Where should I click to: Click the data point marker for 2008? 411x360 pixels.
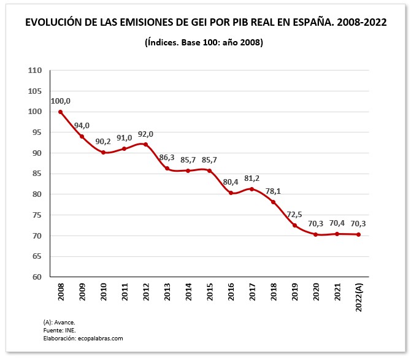[60, 112]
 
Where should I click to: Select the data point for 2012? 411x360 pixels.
[145, 145]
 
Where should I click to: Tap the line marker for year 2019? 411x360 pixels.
[294, 225]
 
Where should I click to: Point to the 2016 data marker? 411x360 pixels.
[231, 193]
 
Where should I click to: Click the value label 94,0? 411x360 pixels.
[82, 126]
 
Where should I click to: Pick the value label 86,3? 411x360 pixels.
[167, 158]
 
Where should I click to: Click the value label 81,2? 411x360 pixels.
[252, 178]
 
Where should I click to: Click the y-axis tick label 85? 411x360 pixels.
[37, 174]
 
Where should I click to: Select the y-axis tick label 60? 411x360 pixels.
[37, 277]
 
